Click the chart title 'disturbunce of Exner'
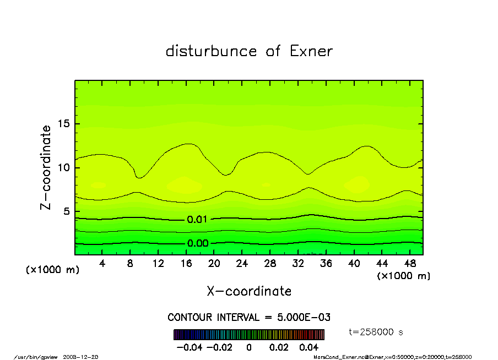tap(249, 51)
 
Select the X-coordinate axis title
tap(249, 291)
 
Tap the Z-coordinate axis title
tap(46, 167)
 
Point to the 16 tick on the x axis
tap(186, 264)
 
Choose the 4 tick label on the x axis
tap(102, 264)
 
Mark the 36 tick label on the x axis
tap(326, 264)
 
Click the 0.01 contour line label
tap(197, 220)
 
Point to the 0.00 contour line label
tap(197, 243)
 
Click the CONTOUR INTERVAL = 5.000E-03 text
tap(249, 318)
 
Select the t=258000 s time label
tap(377, 332)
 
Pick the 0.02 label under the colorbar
tap(279, 348)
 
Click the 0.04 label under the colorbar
tap(309, 348)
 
